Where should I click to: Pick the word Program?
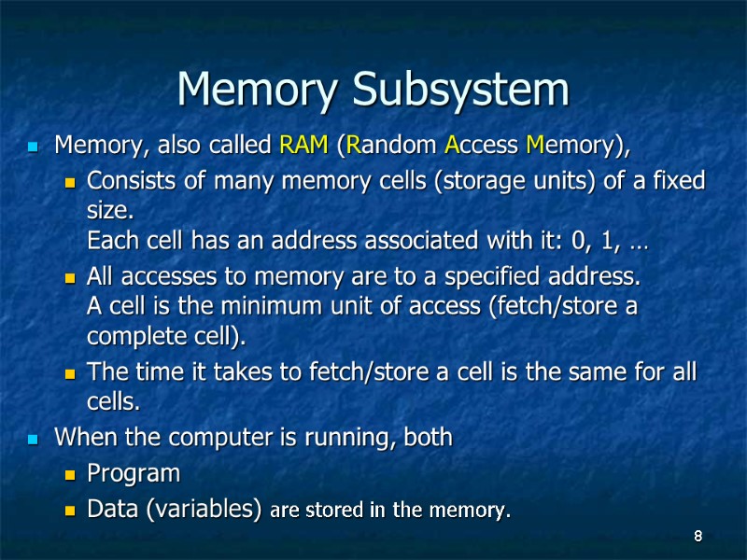pos(134,473)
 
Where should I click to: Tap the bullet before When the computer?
pos(35,438)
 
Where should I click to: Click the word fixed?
pos(680,180)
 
